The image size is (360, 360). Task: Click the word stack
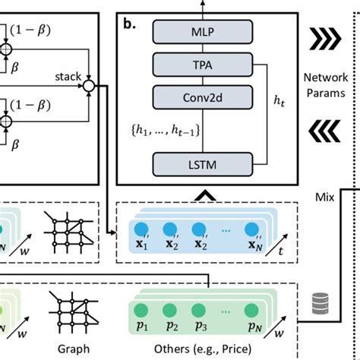point(69,76)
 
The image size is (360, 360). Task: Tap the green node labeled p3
point(200,311)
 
